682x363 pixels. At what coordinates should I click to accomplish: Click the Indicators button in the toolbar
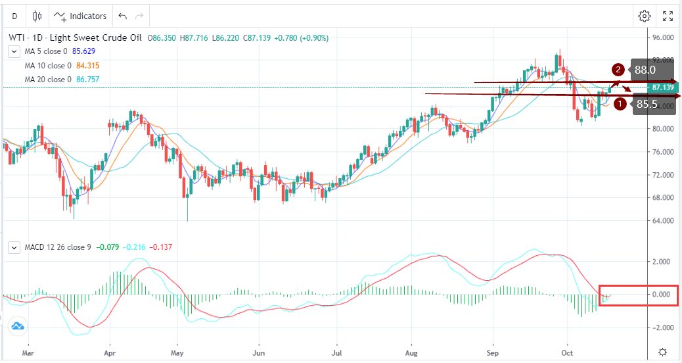coord(80,16)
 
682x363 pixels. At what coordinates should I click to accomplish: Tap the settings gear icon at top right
coord(645,16)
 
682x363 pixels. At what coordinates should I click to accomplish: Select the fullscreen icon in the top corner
coord(668,16)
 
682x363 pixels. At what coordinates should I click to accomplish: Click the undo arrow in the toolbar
coord(122,16)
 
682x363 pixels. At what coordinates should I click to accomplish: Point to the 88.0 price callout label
coord(645,69)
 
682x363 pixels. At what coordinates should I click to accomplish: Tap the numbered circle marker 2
coord(618,69)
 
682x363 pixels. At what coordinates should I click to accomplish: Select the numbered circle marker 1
coord(619,103)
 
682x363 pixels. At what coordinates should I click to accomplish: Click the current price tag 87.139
coord(663,87)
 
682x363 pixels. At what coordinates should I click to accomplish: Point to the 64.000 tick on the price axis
coord(663,220)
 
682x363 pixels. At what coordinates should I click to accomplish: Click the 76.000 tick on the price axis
coord(663,152)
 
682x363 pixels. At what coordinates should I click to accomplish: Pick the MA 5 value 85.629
coord(85,51)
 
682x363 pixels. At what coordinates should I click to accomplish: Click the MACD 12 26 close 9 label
coord(58,248)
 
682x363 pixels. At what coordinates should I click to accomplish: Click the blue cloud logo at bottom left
coord(17,326)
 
